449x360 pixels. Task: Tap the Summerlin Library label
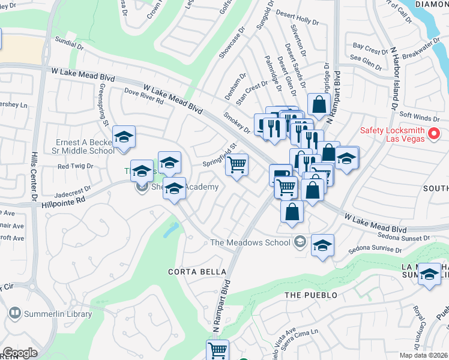click(58, 314)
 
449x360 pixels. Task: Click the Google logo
click(20, 353)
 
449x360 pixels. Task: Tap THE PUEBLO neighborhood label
click(310, 295)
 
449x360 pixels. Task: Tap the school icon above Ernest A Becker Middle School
click(124, 137)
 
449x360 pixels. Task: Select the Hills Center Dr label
click(35, 174)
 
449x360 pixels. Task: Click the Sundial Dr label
click(68, 44)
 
